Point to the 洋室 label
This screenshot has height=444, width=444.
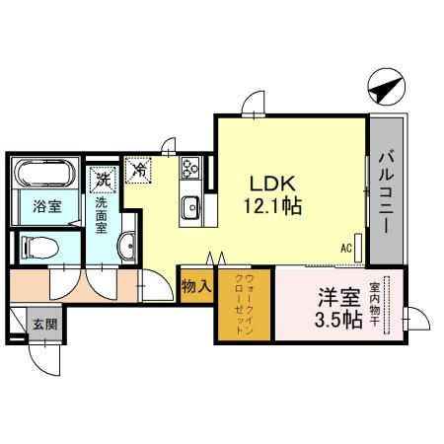331,296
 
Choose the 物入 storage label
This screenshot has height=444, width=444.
194,287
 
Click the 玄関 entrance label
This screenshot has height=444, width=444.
42,325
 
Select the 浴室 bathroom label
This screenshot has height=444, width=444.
44,206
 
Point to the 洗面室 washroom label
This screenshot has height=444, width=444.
102,212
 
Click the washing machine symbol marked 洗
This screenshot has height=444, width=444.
103,179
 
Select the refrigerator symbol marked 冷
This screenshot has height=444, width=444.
141,171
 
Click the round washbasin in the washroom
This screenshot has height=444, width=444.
126,247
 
